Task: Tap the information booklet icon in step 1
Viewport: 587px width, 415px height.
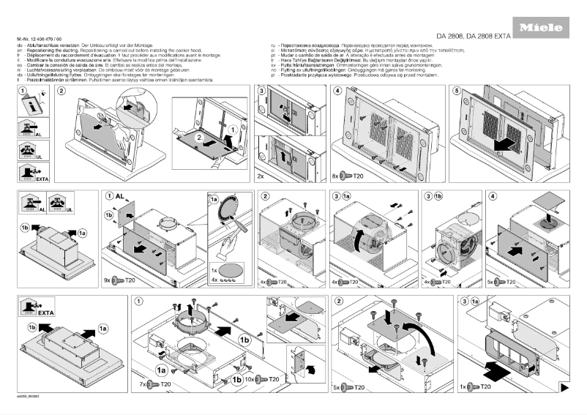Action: (26, 105)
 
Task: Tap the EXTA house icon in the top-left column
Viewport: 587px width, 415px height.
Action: (29, 173)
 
